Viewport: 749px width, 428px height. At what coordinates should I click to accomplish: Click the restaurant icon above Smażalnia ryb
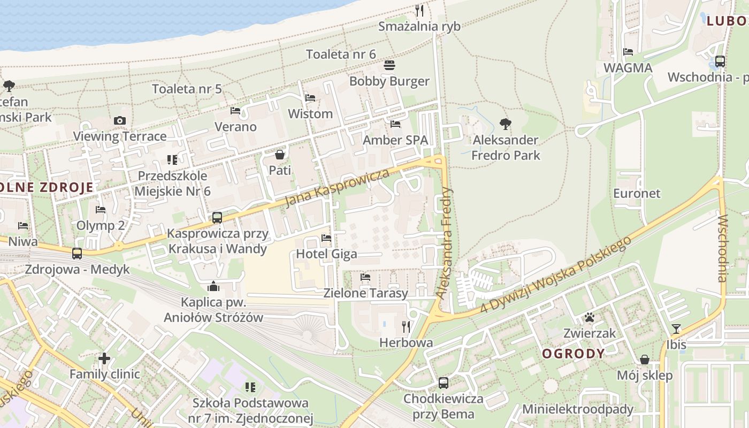[x=420, y=11]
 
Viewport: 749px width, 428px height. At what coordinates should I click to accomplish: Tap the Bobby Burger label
[x=389, y=81]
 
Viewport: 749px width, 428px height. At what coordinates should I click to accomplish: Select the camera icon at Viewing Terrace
[x=120, y=121]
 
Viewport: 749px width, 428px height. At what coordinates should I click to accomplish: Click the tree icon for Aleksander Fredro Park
[x=505, y=125]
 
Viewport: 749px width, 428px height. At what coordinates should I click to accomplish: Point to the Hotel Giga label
[x=326, y=254]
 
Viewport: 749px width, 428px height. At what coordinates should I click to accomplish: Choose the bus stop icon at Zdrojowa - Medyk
[x=77, y=254]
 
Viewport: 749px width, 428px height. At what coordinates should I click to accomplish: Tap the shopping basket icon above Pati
[x=280, y=155]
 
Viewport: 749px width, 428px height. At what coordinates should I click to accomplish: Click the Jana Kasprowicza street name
[x=337, y=188]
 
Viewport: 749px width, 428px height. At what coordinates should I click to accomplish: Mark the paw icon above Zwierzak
[x=590, y=318]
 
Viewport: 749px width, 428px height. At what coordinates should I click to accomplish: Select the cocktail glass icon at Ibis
[x=676, y=329]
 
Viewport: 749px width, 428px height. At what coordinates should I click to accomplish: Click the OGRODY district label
[x=574, y=354]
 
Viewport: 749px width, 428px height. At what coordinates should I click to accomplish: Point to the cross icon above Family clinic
[x=104, y=358]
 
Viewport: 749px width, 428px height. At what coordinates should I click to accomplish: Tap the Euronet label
[x=637, y=194]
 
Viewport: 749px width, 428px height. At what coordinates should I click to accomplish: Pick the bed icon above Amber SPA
[x=395, y=124]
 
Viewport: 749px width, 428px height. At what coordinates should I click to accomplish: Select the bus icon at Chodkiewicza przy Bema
[x=444, y=383]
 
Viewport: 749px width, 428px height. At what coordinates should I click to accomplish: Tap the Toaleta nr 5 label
[x=187, y=89]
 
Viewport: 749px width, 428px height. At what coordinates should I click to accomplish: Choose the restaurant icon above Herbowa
[x=406, y=326]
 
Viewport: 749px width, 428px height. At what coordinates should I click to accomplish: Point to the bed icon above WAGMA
[x=628, y=52]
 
